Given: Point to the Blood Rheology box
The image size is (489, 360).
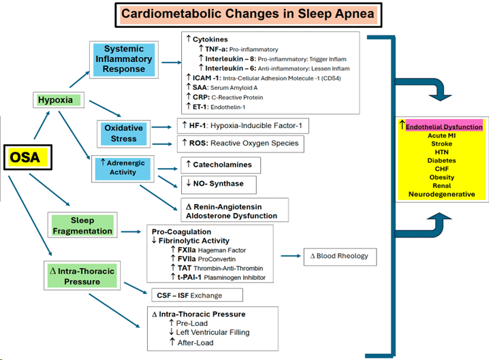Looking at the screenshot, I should click(338, 256).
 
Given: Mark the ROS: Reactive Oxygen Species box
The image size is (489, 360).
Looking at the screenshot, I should click(238, 144).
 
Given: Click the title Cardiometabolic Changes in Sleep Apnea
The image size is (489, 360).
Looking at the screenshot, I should click(242, 14).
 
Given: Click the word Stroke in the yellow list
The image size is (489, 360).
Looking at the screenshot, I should click(442, 144).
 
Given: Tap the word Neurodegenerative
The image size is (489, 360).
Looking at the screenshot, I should click(441, 194).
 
